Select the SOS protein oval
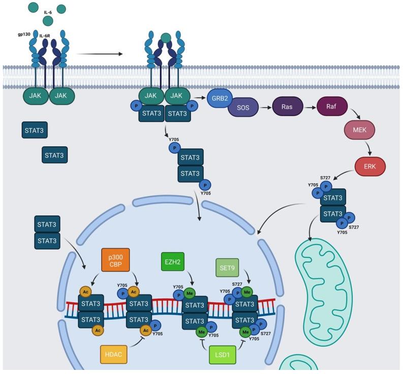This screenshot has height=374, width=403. (243, 108)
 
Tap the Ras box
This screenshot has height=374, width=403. (287, 107)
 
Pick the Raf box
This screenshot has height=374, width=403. (331, 107)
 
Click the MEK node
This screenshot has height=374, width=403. (359, 130)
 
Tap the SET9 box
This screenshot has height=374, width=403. (227, 268)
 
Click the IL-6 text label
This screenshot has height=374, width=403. (48, 12)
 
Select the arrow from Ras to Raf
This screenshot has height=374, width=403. (309, 107)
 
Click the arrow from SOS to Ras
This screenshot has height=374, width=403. (265, 108)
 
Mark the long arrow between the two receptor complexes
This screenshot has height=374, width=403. (99, 53)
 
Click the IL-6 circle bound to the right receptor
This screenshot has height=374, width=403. (165, 37)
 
